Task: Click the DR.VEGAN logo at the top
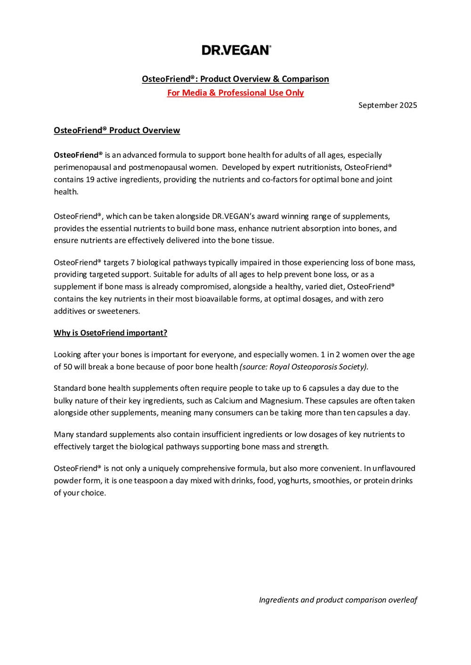coord(236,50)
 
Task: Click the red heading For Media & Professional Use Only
coord(235,93)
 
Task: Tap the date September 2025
coord(388,105)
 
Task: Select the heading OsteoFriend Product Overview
coord(117,130)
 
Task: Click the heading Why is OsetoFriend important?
coord(110,333)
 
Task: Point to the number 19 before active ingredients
coord(90,179)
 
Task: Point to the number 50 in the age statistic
coord(67,367)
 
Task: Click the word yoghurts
coord(293,481)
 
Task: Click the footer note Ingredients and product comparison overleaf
coord(338,600)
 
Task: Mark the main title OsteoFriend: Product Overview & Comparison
coord(235,79)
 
